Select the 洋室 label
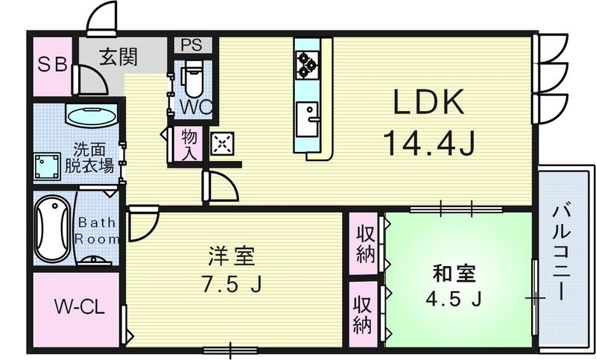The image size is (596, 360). (231, 257)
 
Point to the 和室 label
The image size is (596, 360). (454, 273)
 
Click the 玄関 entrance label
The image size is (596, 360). (119, 57)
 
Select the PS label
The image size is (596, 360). (191, 45)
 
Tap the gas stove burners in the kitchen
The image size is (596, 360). (305, 65)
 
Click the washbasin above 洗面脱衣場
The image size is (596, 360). (91, 116)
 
